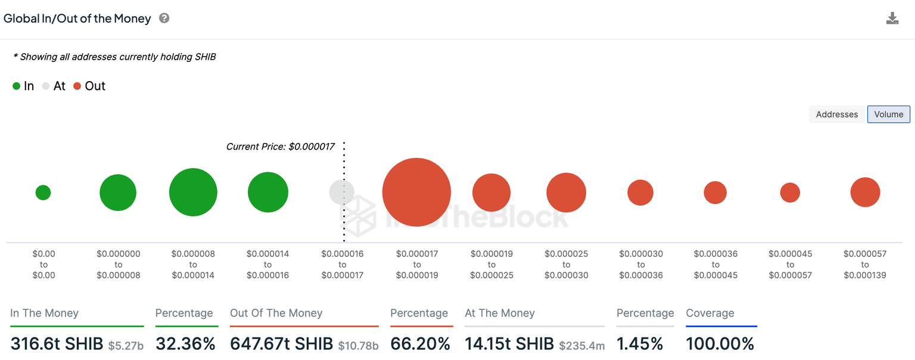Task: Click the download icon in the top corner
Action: (892, 18)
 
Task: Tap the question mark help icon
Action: (164, 18)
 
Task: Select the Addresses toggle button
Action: (836, 114)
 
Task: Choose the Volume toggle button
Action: (888, 114)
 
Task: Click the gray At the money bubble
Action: (341, 193)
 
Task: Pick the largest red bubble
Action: (416, 193)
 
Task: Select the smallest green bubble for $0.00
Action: (43, 193)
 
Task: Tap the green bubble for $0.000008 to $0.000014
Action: (193, 193)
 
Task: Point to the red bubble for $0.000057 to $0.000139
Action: (865, 193)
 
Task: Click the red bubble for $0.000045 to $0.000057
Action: (790, 193)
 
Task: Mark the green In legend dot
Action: (17, 86)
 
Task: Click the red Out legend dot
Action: (77, 86)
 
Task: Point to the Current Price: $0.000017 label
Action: (280, 146)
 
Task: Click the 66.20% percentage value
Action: (420, 344)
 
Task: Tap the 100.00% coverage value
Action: (720, 344)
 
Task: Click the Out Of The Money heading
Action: (276, 314)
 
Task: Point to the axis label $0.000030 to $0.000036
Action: (640, 265)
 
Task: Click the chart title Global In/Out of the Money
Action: (77, 18)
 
